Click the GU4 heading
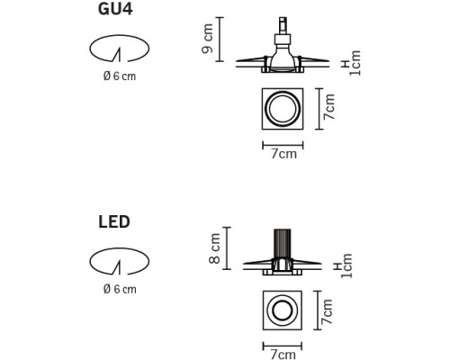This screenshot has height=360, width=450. [x=115, y=9]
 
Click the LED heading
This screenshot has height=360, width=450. [x=114, y=222]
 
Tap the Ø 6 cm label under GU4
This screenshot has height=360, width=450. [x=120, y=76]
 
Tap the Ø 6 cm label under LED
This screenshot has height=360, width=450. [x=120, y=289]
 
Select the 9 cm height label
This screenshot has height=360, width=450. [x=208, y=39]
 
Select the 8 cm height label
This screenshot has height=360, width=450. [x=215, y=248]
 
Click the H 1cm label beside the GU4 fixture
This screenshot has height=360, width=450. [x=352, y=63]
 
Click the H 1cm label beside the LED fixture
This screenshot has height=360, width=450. [x=344, y=265]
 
